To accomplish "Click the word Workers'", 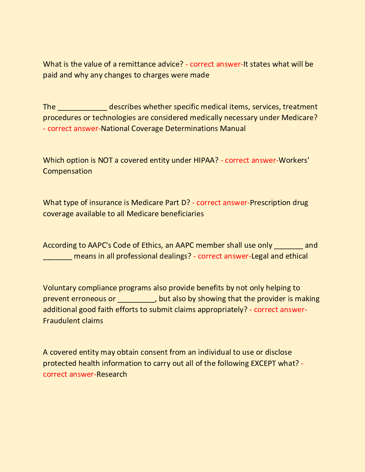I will [x=294, y=160].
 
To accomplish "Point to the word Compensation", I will [x=68, y=171].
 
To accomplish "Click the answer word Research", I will [x=112, y=374].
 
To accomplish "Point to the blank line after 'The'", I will [x=82, y=109].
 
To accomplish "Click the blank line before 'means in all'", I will [x=57, y=258].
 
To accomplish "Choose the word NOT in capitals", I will [x=105, y=160].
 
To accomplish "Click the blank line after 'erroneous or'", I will [x=136, y=301].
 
